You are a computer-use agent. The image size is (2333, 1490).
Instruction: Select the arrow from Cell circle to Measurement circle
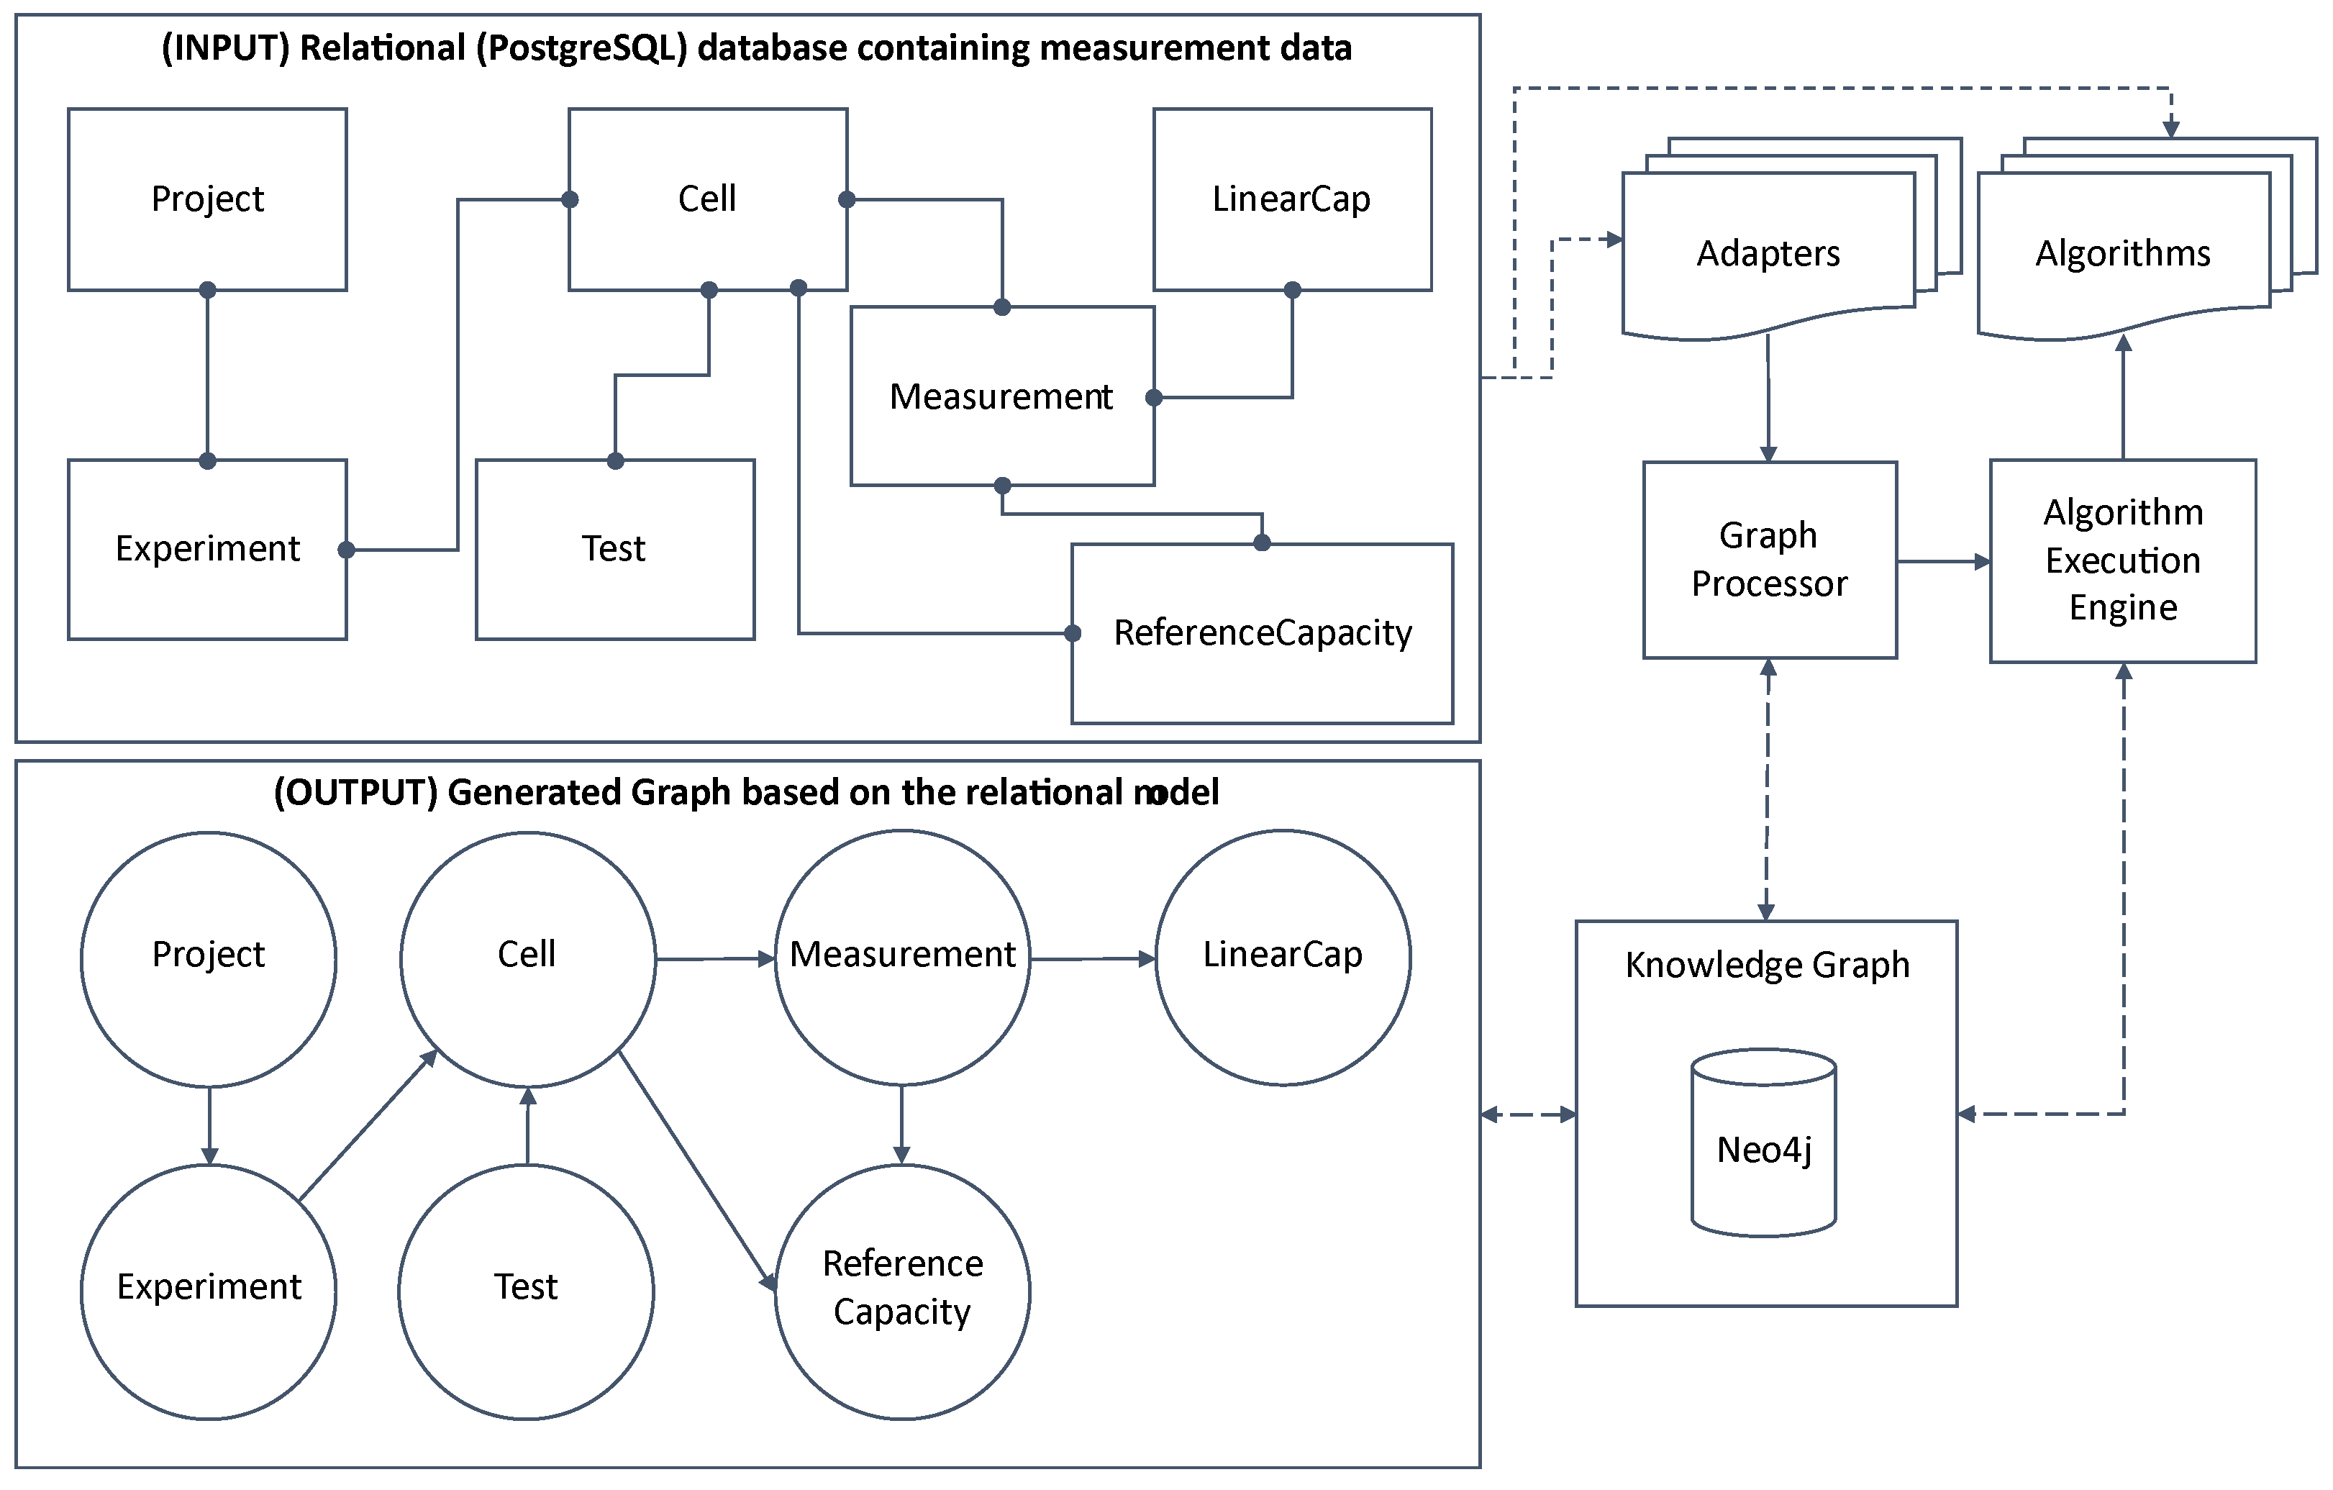click(715, 959)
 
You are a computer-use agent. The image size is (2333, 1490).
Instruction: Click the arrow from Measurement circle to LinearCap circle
click(1093, 959)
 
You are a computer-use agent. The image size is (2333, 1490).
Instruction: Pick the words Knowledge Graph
click(1767, 965)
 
